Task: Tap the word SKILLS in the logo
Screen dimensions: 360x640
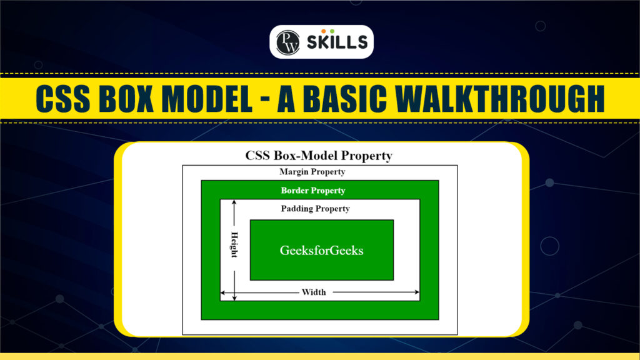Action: point(336,42)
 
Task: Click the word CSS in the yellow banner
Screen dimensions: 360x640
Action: point(64,98)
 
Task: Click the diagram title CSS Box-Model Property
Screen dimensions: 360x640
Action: point(319,156)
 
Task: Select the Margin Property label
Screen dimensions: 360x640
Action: point(312,171)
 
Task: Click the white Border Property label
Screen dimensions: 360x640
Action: point(313,190)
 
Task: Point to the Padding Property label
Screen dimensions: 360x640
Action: point(315,208)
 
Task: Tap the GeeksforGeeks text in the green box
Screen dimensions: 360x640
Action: point(321,251)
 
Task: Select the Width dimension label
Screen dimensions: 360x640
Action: point(314,292)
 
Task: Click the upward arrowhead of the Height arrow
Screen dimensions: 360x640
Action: point(234,203)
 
